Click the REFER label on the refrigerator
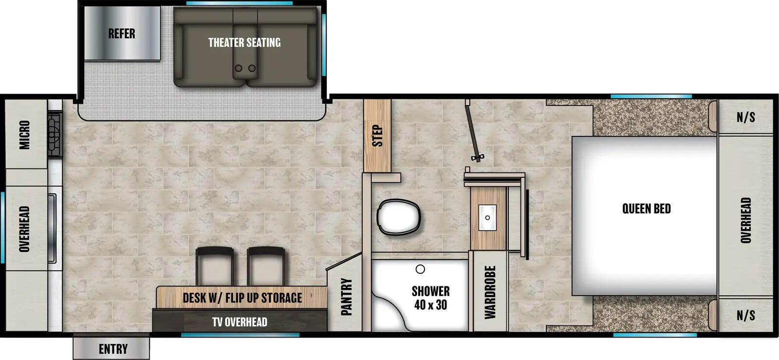coord(122,34)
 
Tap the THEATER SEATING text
coord(244,43)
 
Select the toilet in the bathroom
coord(399,217)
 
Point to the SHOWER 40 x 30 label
coord(430,298)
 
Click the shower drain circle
coord(420,269)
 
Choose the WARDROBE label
coord(490,292)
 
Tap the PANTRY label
coord(346,297)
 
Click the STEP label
coord(377,136)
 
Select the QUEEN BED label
coord(646,209)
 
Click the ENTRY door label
coord(113,349)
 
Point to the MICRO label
coord(25,135)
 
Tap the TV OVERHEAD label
coord(240,322)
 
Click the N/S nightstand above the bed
coord(745,117)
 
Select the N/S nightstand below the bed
coord(745,315)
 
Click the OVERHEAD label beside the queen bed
coord(745,220)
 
